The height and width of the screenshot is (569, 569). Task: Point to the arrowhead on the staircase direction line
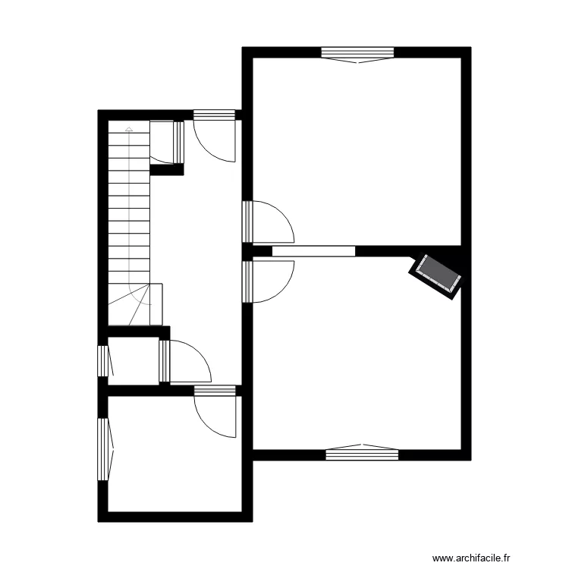point(130,130)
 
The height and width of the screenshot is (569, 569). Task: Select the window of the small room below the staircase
point(103,360)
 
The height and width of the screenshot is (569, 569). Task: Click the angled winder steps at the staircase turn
point(136,304)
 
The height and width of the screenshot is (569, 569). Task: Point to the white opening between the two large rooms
point(313,249)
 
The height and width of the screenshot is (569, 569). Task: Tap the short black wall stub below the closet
point(167,171)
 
